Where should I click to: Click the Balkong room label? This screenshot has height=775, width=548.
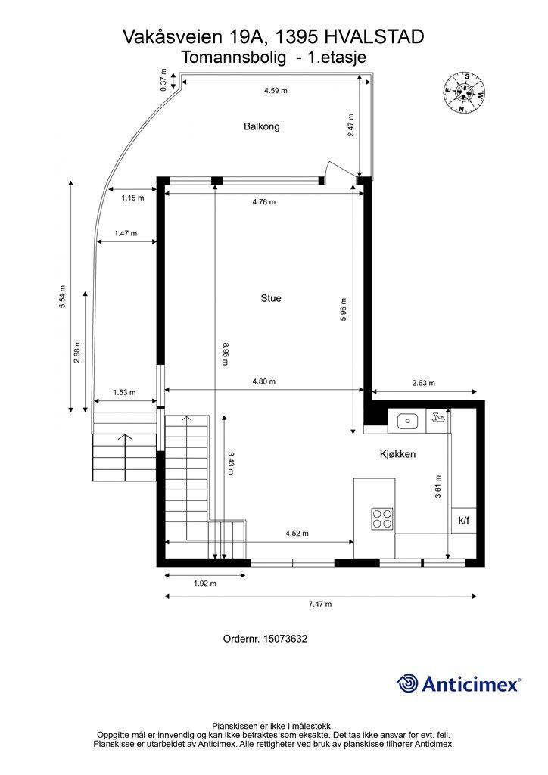(x=261, y=126)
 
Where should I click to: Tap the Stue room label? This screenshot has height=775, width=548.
(x=270, y=298)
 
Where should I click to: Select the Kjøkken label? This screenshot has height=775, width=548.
(x=397, y=454)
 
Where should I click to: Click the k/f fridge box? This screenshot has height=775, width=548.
(x=463, y=521)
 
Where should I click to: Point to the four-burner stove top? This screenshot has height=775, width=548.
(x=382, y=518)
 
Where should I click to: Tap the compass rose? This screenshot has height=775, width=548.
(x=463, y=92)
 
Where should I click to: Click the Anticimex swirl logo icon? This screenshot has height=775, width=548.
(x=408, y=683)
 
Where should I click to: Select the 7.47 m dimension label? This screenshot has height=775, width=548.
(x=319, y=604)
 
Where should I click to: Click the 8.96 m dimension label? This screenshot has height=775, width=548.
(x=225, y=354)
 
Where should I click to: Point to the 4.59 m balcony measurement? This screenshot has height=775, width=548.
(x=276, y=90)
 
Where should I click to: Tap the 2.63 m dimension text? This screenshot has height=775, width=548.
(x=424, y=384)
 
